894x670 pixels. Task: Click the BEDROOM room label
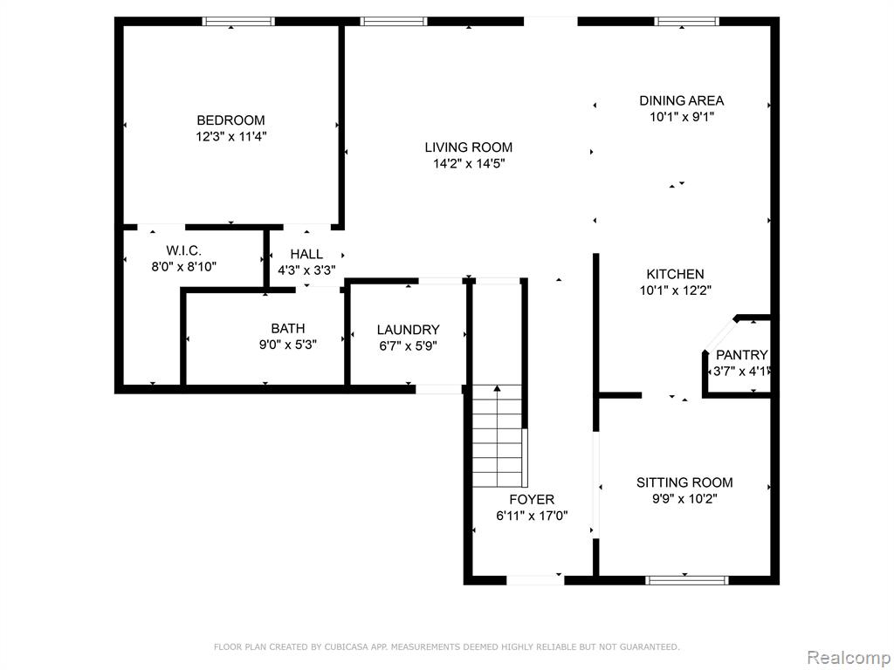coord(230,120)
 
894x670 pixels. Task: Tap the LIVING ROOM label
coord(469,147)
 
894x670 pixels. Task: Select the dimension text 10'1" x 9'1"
coord(682,118)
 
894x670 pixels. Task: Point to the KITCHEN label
coord(675,274)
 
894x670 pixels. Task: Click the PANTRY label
coord(742,355)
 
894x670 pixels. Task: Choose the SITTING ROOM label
coord(684,482)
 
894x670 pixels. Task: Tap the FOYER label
coord(532,500)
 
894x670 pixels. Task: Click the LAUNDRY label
coord(409,330)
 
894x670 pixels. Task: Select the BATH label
coord(288,328)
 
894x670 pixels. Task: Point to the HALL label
coord(306,254)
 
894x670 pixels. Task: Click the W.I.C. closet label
coord(183,250)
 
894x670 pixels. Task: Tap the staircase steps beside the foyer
coord(497,436)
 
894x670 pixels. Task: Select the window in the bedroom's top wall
coord(239,22)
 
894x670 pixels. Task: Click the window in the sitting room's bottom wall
coord(687,580)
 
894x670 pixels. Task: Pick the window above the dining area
coord(686,22)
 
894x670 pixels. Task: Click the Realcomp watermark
coord(849,658)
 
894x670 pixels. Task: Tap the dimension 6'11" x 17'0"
coord(532,516)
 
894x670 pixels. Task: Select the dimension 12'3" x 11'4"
coord(230,137)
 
